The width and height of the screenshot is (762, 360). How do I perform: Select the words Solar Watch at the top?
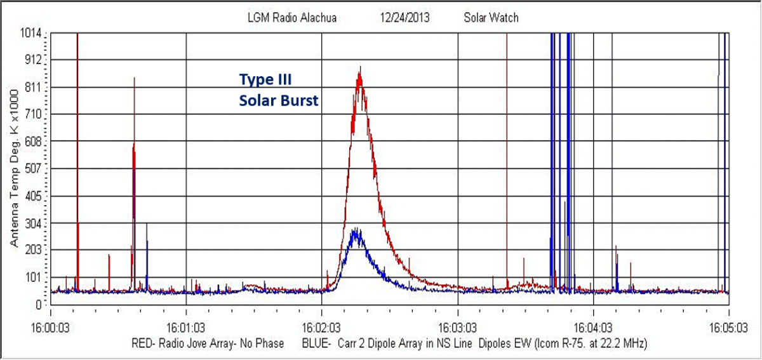point(491,18)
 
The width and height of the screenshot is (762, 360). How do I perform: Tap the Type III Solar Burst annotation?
point(278,90)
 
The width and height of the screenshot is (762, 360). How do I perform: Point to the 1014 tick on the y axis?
point(31,33)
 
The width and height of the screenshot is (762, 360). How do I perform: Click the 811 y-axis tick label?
point(33,87)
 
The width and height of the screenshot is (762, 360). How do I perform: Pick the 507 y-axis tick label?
point(33,169)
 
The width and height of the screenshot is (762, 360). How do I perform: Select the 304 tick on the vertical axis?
point(33,223)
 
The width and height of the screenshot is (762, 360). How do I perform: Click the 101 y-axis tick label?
point(33,277)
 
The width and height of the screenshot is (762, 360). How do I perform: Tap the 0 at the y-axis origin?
point(39,304)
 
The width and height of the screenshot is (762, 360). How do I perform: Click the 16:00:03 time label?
point(51,330)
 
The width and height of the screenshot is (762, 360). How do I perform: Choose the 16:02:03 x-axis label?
point(322,330)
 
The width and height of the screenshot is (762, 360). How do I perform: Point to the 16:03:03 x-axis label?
point(457,330)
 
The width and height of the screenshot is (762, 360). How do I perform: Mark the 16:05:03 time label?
point(728,330)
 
